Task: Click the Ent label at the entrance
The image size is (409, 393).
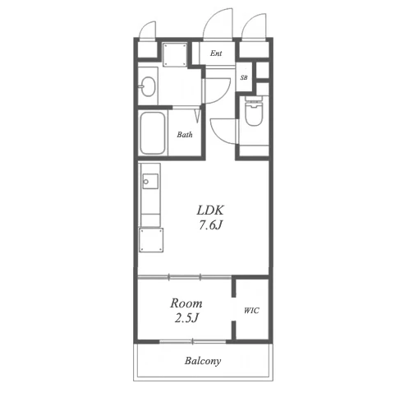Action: click(x=216, y=53)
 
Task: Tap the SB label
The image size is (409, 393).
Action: click(x=244, y=77)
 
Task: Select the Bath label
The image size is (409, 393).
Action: click(x=185, y=135)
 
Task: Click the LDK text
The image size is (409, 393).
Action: click(x=210, y=210)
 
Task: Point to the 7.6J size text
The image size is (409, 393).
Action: click(x=210, y=225)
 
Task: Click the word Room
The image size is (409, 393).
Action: click(x=186, y=303)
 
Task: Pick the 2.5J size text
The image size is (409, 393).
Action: click(x=186, y=318)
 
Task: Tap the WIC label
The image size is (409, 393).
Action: click(x=251, y=311)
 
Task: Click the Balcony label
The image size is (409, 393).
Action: click(x=203, y=361)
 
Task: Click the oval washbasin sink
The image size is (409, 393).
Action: click(x=148, y=86)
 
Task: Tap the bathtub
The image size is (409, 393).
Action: click(x=153, y=133)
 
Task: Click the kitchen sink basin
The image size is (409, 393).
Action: click(x=150, y=181)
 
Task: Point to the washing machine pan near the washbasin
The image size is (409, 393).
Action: click(x=175, y=55)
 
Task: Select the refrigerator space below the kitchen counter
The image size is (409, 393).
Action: click(x=151, y=240)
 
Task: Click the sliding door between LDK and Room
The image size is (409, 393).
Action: click(x=185, y=277)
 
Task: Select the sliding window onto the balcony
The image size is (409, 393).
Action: click(x=193, y=341)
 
